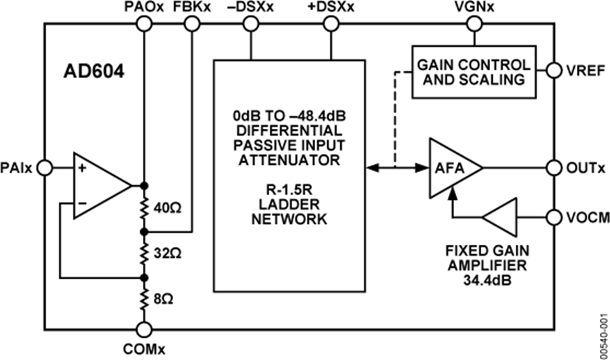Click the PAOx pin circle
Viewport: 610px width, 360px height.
coord(144,24)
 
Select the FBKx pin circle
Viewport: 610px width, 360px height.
coord(192,24)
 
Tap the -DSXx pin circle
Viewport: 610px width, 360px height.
coord(251,24)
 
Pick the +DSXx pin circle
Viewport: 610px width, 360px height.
coord(331,24)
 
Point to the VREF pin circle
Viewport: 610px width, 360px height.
coord(554,71)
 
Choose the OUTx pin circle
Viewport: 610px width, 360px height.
coord(554,167)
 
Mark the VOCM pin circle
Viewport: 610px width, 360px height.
coord(554,218)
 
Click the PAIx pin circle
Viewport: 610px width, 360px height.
coord(45,167)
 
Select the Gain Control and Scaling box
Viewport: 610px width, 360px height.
coord(472,72)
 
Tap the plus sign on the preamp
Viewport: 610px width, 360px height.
coord(81,169)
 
